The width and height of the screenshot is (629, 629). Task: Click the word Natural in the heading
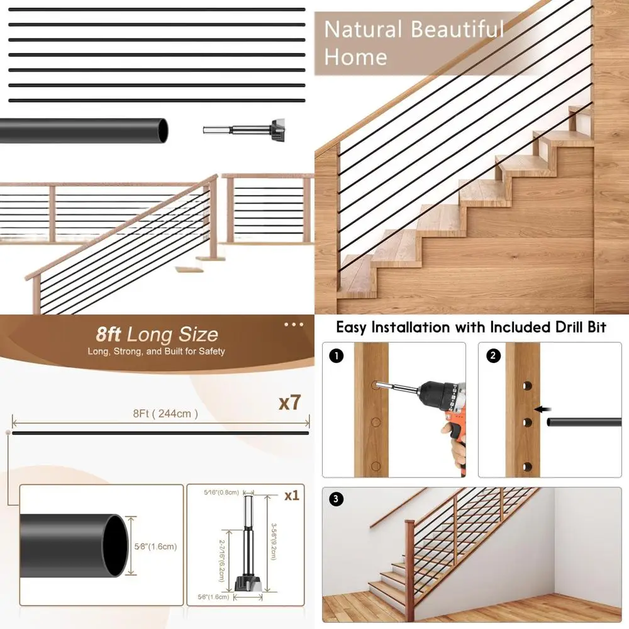[362, 30]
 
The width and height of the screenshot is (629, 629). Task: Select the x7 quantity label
[289, 403]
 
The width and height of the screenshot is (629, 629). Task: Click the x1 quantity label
[291, 496]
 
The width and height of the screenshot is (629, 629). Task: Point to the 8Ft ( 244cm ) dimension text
[165, 413]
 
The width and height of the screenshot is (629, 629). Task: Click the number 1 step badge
[337, 356]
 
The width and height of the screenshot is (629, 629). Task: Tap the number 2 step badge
[493, 356]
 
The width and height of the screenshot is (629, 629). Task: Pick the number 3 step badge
[337, 499]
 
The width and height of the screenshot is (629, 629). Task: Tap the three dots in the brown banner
[294, 325]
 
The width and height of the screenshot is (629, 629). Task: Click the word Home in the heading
[355, 58]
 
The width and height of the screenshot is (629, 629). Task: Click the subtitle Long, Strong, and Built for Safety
[156, 351]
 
